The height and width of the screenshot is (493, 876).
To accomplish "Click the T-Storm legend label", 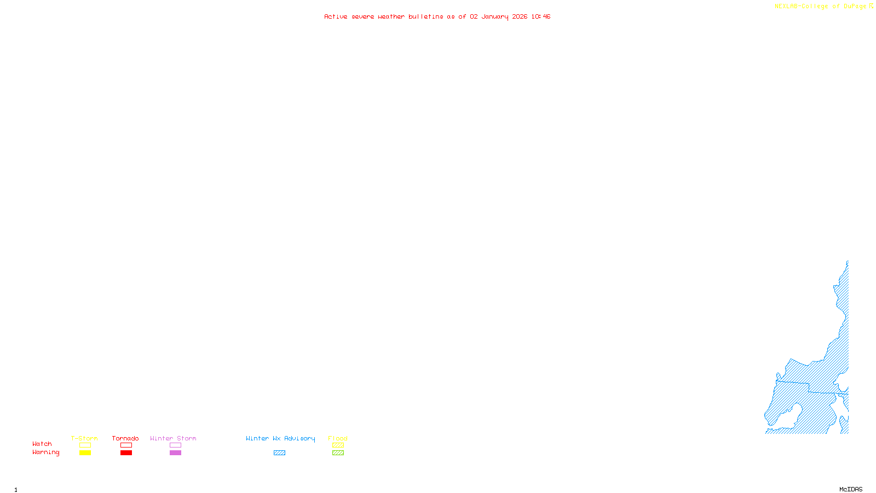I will pos(84,438).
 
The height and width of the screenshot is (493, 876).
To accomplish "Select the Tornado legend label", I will pos(125,438).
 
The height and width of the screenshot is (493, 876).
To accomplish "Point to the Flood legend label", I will pos(338,438).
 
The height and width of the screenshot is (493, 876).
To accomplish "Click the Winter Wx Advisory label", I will pos(280,438).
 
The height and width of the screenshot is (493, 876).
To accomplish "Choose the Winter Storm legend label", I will pos(173,438).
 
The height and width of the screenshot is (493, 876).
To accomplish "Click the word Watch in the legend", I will pos(42,444).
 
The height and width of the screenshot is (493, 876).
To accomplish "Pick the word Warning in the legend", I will pos(45,452).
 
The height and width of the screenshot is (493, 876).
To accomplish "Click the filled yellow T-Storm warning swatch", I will pos(85,453).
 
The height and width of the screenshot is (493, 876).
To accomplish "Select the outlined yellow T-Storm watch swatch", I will pos(85,445).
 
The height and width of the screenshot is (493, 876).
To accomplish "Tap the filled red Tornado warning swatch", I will pos(126,453).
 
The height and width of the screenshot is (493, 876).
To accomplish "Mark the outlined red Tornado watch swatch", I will pos(126,445).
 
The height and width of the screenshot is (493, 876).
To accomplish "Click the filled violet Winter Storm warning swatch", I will pos(175,453).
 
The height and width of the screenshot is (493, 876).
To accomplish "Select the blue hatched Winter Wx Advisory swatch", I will pos(279,453).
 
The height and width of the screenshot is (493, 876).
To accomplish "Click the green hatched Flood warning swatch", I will pos(338,453).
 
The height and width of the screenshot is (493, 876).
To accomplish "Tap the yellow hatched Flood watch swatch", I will pos(338,445).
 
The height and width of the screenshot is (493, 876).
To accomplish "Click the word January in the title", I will pos(495,16).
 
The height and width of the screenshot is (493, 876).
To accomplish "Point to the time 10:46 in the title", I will pos(541,16).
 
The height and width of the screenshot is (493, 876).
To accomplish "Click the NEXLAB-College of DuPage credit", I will pos(821,7).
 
